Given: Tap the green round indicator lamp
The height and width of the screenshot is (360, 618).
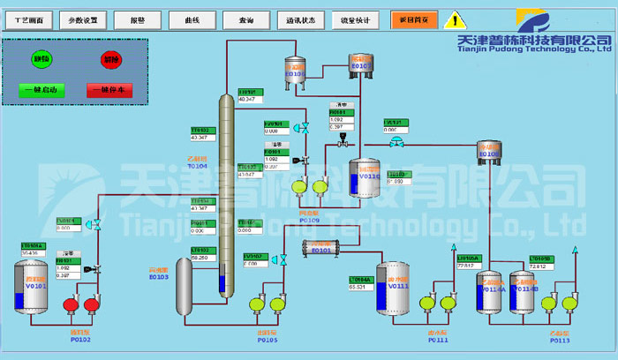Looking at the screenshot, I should click(41, 60).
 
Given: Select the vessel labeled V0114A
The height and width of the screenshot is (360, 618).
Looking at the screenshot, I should click(490, 290).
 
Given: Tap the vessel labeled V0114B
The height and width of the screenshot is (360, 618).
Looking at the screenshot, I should click(523, 290).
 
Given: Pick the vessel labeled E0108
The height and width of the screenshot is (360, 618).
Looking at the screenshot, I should click(489, 152).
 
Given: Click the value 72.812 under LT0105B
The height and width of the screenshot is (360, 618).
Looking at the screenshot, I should click(540, 266).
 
